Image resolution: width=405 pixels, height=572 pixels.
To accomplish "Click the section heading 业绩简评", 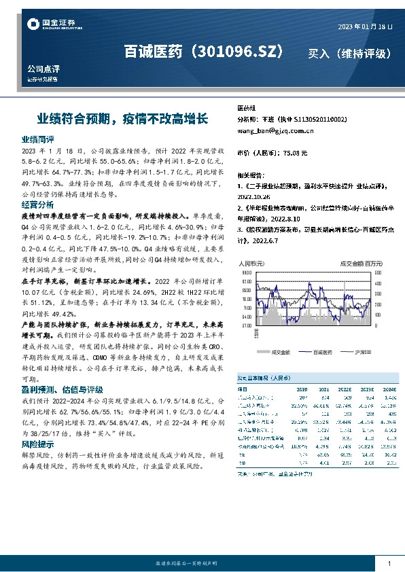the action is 37,139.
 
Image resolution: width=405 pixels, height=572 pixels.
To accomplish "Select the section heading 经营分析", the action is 37,204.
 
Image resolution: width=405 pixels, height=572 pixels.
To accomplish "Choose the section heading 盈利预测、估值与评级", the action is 62,390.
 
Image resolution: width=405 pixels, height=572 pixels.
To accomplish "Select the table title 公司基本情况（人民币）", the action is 271,377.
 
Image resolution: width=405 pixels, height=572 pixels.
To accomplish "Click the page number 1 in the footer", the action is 389,564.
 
